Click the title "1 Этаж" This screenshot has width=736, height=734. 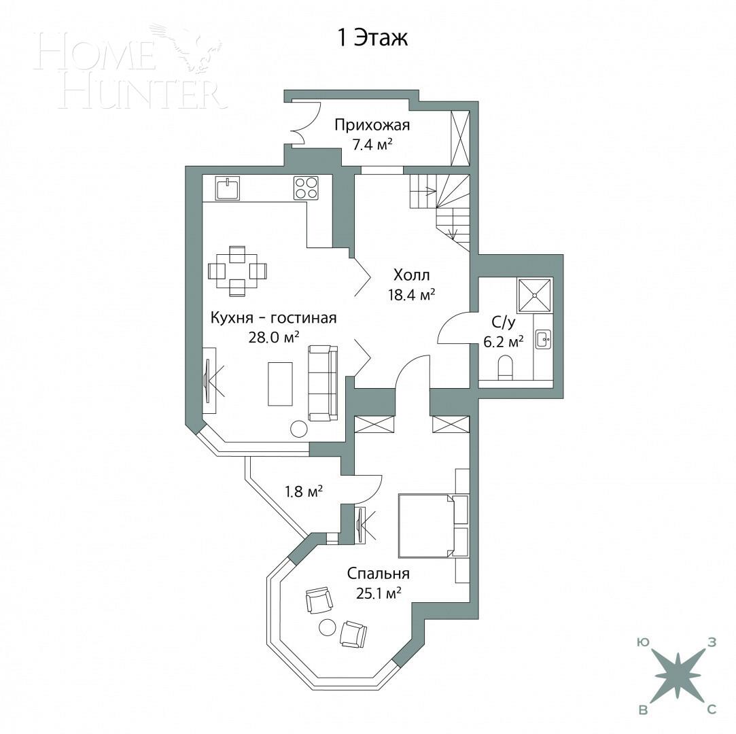[372, 38]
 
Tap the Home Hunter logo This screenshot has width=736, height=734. [129, 68]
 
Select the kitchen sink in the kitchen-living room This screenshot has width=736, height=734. [227, 188]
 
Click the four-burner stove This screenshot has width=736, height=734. [306, 188]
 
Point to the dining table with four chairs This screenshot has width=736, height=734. [236, 270]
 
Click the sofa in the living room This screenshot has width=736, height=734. [323, 382]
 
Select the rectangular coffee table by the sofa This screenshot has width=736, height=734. [280, 383]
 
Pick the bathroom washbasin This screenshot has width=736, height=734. [543, 339]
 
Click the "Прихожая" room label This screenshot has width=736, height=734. [372, 125]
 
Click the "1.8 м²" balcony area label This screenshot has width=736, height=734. [303, 491]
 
